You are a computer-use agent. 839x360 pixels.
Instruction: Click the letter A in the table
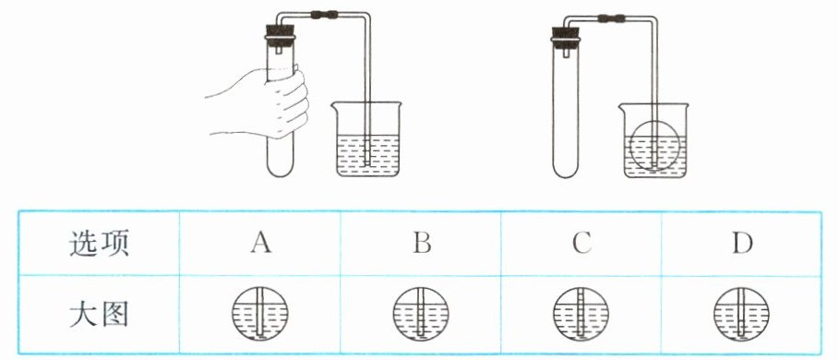coord(260,244)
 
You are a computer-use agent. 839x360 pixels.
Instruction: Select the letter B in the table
coord(422,244)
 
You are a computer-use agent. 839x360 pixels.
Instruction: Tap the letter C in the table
coord(581,244)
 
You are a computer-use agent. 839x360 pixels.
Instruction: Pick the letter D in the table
coord(742,244)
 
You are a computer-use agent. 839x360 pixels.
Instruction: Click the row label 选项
coord(99,245)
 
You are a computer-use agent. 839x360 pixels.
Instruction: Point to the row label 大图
coord(99,316)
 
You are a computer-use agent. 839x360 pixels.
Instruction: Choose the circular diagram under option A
coord(260,314)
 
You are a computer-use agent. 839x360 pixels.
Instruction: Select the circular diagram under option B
coord(421,314)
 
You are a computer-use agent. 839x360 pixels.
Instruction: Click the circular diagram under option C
coord(580,314)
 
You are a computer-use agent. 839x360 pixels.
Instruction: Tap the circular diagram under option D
coord(741,314)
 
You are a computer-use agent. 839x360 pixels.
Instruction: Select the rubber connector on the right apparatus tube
coord(611,19)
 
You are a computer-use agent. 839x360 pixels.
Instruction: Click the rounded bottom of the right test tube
coord(566,170)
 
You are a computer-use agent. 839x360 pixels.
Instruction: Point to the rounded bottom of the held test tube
coord(280,169)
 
